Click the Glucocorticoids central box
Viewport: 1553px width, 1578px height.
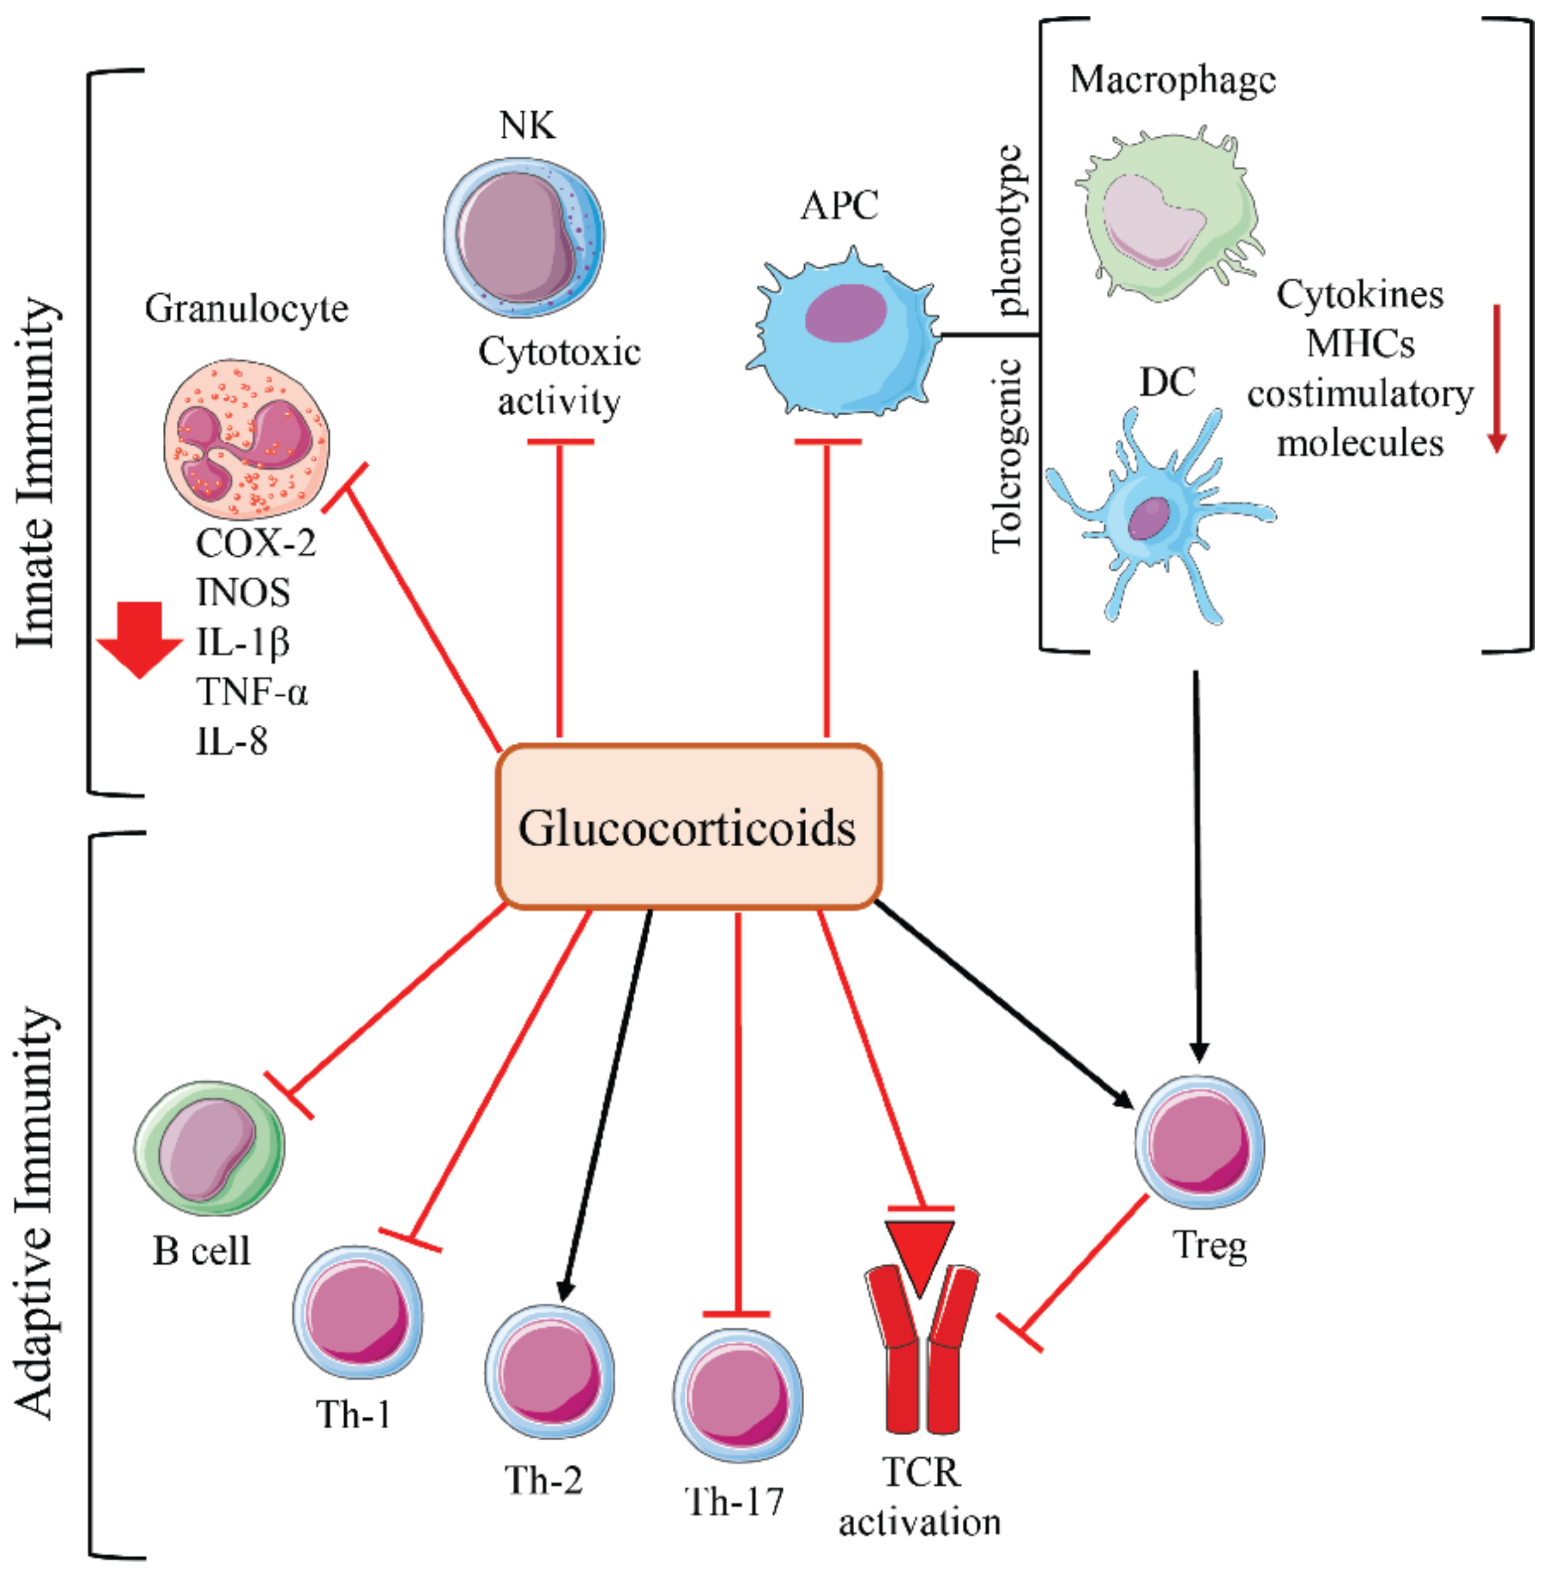point(688,826)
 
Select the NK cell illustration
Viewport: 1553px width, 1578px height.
point(524,238)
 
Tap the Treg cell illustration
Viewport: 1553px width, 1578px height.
point(1199,1142)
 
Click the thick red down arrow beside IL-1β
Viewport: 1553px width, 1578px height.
point(140,639)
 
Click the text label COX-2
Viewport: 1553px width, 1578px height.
point(255,543)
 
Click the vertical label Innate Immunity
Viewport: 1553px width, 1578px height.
point(36,473)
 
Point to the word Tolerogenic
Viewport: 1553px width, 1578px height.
point(1007,457)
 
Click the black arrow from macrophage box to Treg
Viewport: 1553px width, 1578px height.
point(1197,865)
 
